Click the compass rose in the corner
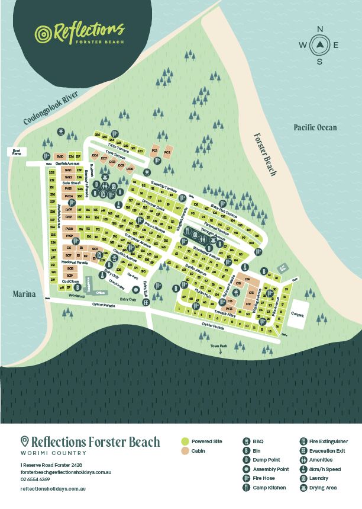pyautogui.click(x=319, y=45)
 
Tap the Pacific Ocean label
pyautogui.click(x=315, y=127)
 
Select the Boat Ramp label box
pyautogui.click(x=17, y=152)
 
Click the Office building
pyautogui.click(x=100, y=292)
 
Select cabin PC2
pyautogui.click(x=167, y=152)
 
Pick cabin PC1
pyautogui.click(x=155, y=151)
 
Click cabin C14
pyautogui.click(x=247, y=278)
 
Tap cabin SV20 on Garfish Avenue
pyautogui.click(x=60, y=156)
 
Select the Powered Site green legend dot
pyautogui.click(x=185, y=441)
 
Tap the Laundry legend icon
pyautogui.click(x=303, y=478)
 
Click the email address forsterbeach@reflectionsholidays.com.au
pyautogui.click(x=66, y=472)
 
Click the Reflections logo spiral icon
pyautogui.click(x=44, y=34)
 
